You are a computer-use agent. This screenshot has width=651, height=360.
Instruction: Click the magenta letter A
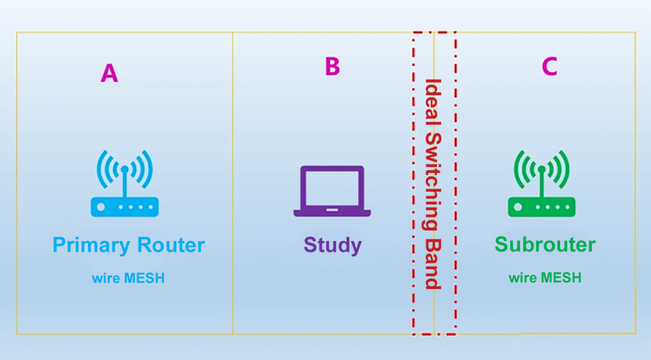109,73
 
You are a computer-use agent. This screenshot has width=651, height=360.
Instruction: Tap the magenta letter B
332,66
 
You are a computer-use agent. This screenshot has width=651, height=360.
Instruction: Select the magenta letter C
549,66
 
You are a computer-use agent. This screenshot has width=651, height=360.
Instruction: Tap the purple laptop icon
332,191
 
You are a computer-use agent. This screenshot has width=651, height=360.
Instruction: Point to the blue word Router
170,245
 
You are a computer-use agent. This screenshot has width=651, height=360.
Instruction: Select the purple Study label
332,246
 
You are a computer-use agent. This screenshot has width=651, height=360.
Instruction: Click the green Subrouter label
545,245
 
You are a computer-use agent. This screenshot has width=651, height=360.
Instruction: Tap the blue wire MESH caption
128,278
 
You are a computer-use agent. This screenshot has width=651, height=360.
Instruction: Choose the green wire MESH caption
545,278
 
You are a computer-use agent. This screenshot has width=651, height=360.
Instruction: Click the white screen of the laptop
332,187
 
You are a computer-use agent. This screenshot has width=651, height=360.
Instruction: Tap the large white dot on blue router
101,207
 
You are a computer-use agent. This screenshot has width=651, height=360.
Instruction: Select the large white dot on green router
518,207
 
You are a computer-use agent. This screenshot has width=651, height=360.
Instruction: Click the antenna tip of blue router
124,168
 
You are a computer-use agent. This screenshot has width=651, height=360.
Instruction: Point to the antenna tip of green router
541,168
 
